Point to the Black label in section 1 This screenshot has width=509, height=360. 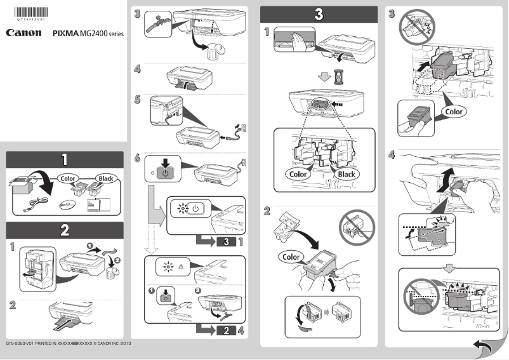click(105, 178)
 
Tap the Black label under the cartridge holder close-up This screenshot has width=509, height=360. click(347, 173)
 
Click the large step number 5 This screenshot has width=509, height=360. click(138, 99)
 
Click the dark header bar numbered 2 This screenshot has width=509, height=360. click(65, 230)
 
